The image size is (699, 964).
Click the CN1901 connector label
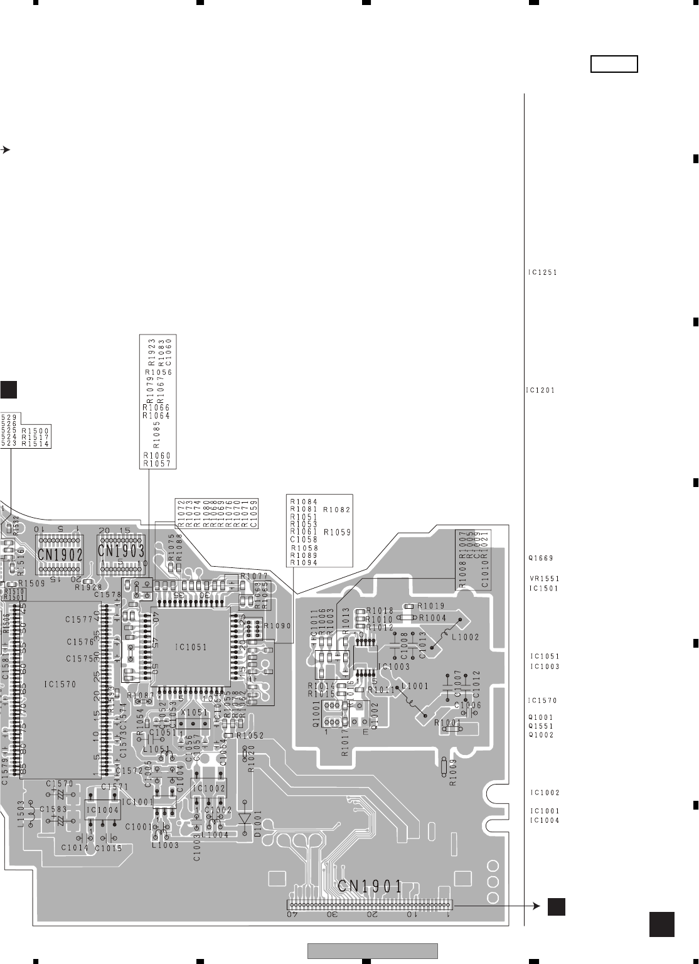click(x=370, y=886)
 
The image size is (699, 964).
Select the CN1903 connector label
click(x=121, y=552)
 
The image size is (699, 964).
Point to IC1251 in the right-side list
click(x=543, y=273)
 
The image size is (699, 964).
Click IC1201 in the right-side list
click(x=540, y=390)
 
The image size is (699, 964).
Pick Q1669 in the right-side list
click(x=541, y=558)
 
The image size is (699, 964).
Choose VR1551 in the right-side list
click(x=543, y=579)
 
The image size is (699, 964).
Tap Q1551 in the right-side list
click(x=541, y=726)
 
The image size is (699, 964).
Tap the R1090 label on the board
click(x=277, y=626)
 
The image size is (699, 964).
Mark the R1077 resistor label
click(x=254, y=576)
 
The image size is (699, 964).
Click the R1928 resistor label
click(x=88, y=587)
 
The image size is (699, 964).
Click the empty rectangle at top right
click(x=614, y=64)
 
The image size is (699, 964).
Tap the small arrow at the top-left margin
click(x=5, y=150)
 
